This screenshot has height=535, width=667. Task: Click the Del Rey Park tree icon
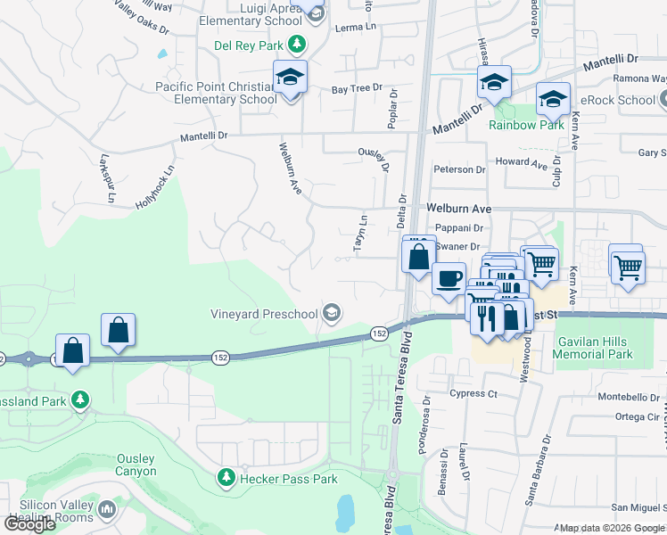tap(297, 45)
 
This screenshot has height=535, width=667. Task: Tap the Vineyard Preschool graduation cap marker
tap(332, 312)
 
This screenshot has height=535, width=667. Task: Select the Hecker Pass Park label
tap(288, 479)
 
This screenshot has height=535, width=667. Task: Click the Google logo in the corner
tap(29, 523)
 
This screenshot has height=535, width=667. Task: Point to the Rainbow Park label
tap(526, 125)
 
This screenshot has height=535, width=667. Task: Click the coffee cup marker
tap(449, 277)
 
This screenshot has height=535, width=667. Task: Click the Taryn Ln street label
tap(362, 233)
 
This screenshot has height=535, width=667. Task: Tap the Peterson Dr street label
tap(459, 169)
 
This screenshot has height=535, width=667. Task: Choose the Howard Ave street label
tap(522, 163)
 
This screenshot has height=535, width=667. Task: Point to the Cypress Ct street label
tap(473, 393)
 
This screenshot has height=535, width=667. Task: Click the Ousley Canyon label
tap(136, 465)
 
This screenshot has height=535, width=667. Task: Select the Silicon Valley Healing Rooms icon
tap(107, 509)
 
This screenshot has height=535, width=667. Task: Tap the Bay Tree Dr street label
tap(357, 89)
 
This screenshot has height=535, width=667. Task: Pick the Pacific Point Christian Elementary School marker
tap(291, 78)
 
